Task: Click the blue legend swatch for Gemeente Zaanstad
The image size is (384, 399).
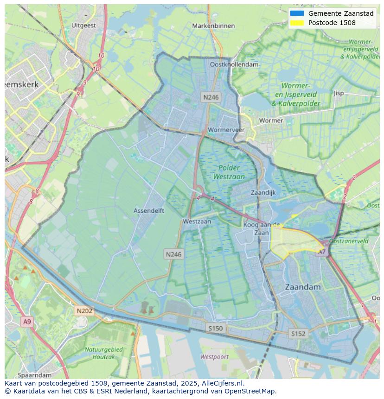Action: point(297,13)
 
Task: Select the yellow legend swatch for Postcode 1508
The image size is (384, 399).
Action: point(297,23)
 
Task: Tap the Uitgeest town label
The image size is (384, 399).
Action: point(84,25)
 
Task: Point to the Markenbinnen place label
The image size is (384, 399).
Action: point(213,26)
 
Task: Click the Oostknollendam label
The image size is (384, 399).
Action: point(234,64)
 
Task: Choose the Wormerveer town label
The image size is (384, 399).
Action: point(226,130)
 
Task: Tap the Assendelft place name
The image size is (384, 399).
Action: point(149,210)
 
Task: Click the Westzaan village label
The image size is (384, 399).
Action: point(197,222)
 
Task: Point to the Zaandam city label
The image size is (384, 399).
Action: point(302,287)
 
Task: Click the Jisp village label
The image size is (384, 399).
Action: point(339,93)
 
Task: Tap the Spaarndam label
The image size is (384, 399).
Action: point(35,374)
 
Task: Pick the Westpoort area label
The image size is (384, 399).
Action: point(214,357)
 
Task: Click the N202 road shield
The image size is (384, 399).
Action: point(84,311)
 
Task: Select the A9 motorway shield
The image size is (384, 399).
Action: point(27,321)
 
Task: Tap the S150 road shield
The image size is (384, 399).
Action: point(215,328)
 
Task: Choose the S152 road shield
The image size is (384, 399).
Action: point(298,333)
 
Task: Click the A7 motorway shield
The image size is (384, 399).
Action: point(321,252)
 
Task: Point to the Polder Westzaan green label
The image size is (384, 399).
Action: point(229,172)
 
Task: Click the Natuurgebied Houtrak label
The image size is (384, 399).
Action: point(103,353)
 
